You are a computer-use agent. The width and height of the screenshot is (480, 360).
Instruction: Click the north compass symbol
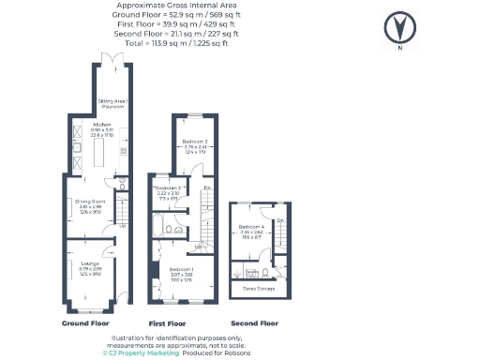[x=401, y=25]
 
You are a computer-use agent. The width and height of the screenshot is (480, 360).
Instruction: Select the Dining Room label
[x=90, y=201]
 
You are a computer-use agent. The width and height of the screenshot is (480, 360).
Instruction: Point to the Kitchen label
[x=102, y=125]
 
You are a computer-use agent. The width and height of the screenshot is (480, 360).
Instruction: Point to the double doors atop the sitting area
[x=113, y=60]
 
